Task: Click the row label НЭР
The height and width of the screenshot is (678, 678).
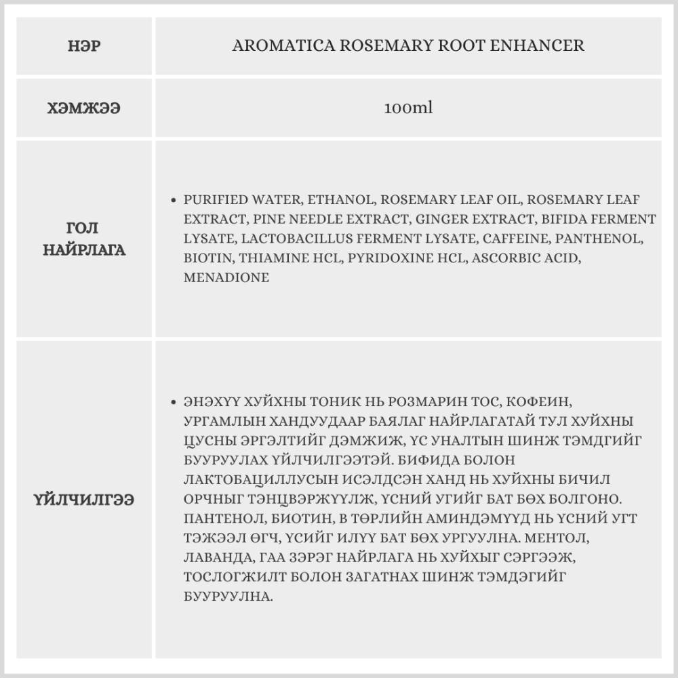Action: [x=84, y=46]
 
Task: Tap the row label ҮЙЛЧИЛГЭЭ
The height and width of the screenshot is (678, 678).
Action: [x=84, y=500]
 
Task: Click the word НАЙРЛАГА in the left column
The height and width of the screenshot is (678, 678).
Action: [x=84, y=250]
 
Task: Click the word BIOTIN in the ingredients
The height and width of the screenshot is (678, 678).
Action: [x=205, y=258]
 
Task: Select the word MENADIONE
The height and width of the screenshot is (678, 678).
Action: [x=226, y=277]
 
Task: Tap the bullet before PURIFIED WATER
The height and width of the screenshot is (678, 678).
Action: [x=175, y=201]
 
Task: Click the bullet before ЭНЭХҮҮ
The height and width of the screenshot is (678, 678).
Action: [x=175, y=402]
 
